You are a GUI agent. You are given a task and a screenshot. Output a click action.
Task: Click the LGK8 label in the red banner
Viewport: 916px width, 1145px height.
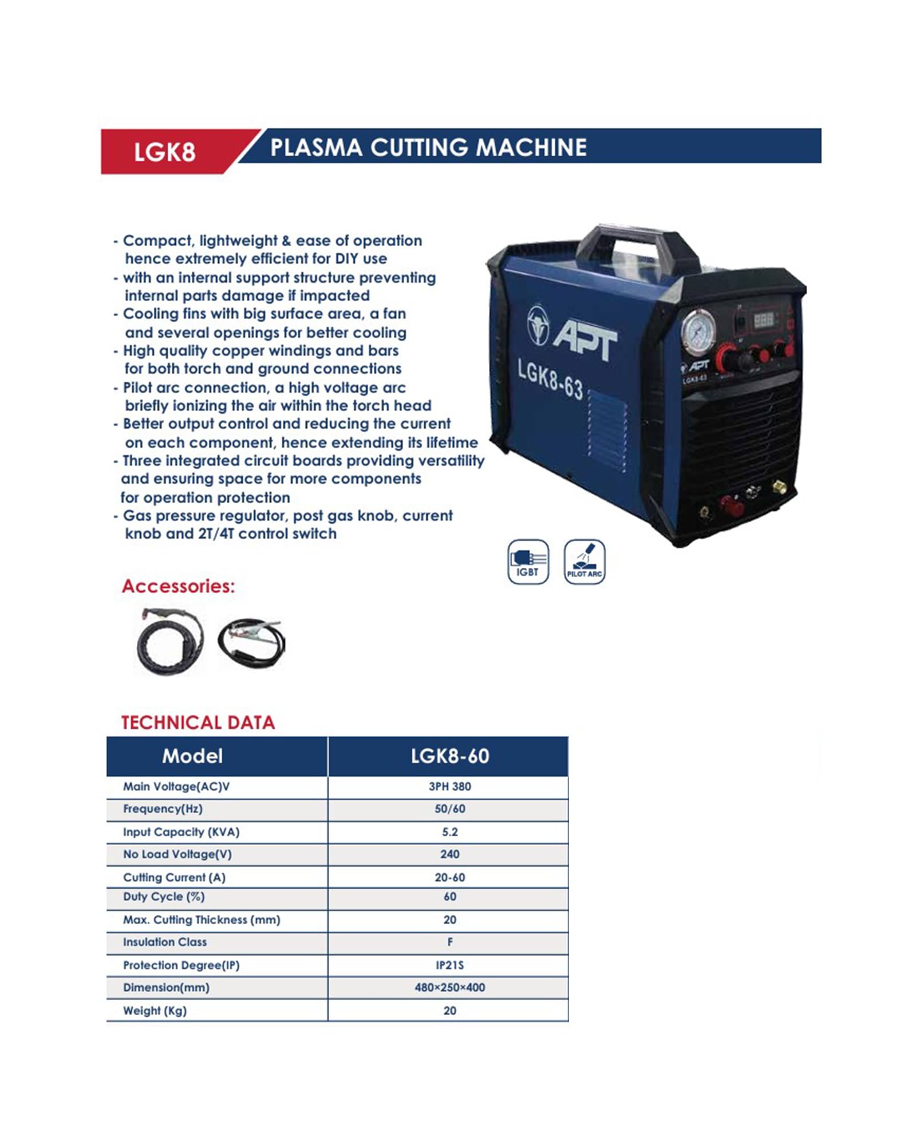(164, 152)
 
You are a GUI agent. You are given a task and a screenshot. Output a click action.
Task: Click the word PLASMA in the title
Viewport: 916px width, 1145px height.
(316, 148)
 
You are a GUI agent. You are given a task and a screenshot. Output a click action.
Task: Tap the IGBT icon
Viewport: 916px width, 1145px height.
(528, 562)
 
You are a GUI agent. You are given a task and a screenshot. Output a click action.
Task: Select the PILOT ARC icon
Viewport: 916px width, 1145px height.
(584, 562)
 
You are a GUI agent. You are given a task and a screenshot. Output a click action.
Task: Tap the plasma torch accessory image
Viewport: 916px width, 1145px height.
(169, 641)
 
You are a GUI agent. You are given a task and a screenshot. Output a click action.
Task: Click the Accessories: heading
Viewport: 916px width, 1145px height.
(178, 586)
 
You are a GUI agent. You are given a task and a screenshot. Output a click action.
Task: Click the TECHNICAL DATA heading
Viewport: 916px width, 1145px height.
(198, 722)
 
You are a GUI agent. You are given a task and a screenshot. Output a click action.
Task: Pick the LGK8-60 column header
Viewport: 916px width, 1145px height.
(449, 756)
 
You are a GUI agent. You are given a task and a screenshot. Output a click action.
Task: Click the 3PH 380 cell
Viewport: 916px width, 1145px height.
(449, 787)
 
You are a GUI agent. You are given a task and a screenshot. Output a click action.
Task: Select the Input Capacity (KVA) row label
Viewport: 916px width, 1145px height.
(181, 832)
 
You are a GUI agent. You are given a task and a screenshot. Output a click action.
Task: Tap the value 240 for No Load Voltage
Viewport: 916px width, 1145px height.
(449, 854)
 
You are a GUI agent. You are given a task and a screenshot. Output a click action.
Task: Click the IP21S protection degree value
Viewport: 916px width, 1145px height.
(449, 965)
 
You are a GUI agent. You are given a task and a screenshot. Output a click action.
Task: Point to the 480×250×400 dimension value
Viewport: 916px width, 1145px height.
(449, 988)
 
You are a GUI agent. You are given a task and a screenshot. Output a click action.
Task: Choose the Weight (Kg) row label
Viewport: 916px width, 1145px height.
(155, 1010)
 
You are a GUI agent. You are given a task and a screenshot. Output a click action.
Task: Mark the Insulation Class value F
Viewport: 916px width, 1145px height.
(449, 942)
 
